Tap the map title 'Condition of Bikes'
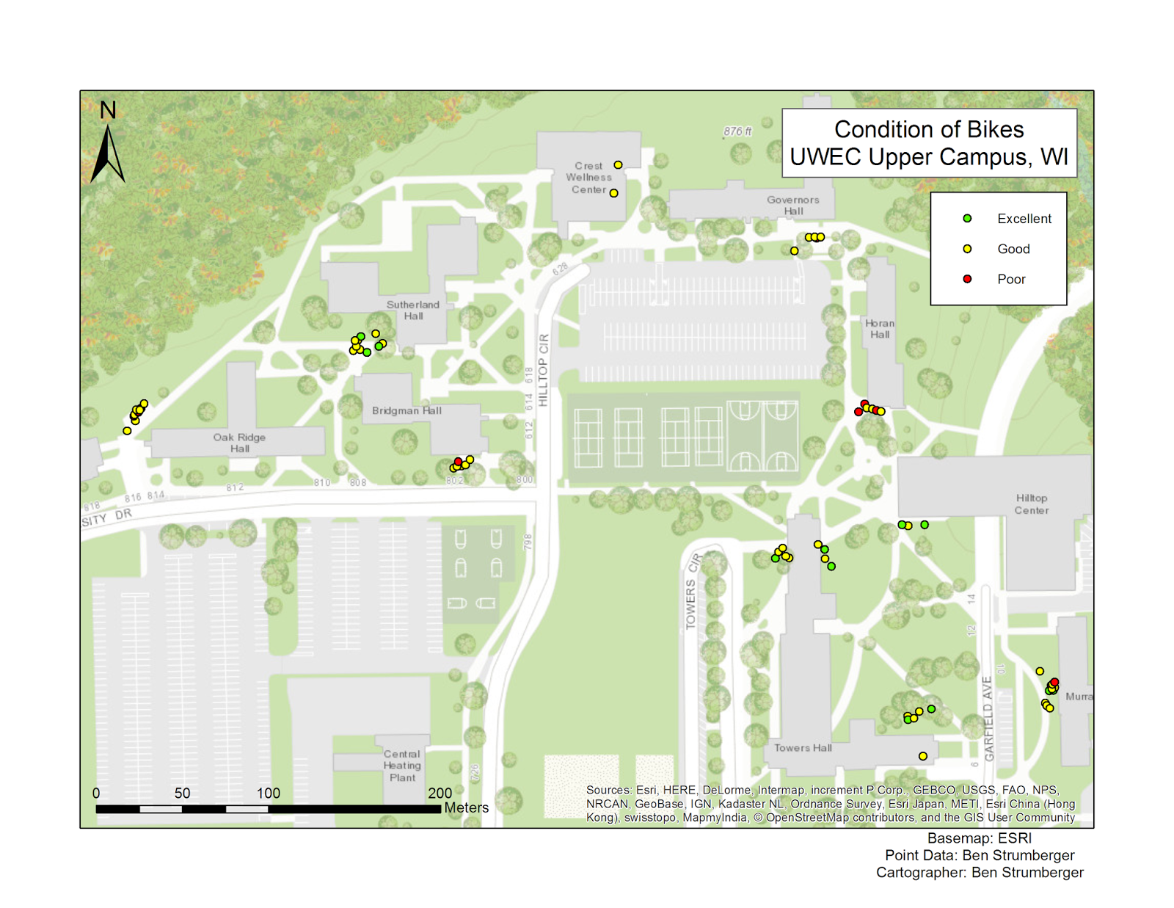[x=929, y=130]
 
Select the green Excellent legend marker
[x=967, y=219]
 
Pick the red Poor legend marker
[x=967, y=279]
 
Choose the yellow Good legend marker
[x=967, y=249]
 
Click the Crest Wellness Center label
[x=588, y=178]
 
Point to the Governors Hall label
[x=792, y=206]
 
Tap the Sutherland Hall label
[x=413, y=310]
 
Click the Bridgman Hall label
[x=406, y=410]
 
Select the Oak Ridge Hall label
[x=239, y=443]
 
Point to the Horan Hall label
[x=879, y=329]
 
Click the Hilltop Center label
[x=1031, y=504]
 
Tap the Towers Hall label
[x=803, y=748]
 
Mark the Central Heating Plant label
[x=402, y=766]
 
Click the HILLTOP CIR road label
[x=543, y=371]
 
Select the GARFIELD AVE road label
[x=988, y=719]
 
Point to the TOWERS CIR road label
[x=692, y=593]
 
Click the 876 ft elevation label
[x=737, y=131]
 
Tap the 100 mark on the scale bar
[x=269, y=793]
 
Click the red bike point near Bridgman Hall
[x=458, y=462]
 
